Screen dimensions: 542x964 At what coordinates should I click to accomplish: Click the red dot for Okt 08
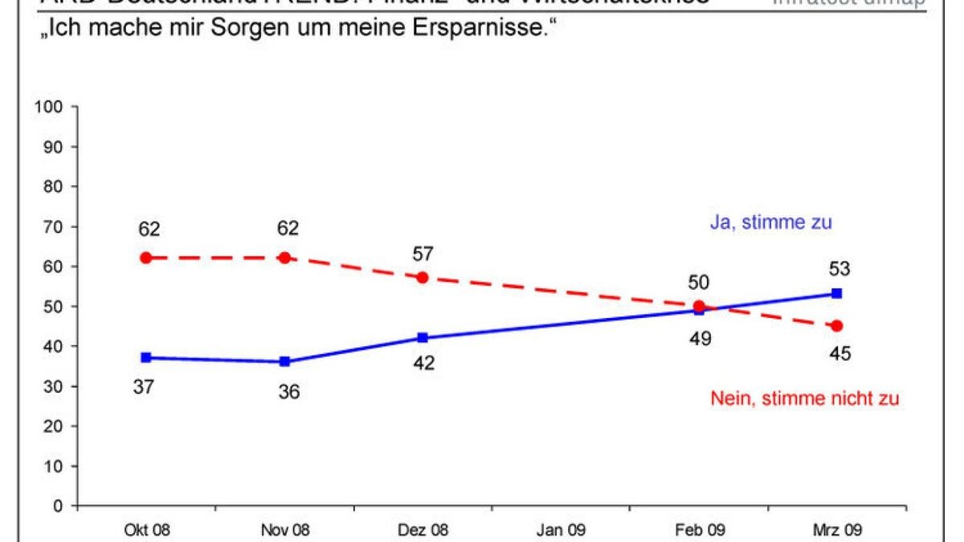point(146,258)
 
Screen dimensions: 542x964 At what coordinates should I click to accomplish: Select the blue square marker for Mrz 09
point(836,294)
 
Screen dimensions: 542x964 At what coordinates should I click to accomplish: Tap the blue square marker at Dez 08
point(423,338)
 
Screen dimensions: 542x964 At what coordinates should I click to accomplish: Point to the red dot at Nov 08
point(284,258)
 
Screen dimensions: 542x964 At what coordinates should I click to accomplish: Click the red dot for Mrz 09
point(836,326)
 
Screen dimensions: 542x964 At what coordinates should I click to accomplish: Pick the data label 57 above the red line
point(423,255)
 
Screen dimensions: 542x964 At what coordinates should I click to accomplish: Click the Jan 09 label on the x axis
point(561,530)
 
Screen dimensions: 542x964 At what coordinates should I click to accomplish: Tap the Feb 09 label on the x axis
point(699,530)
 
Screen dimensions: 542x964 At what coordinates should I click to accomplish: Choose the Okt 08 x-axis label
point(146,530)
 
